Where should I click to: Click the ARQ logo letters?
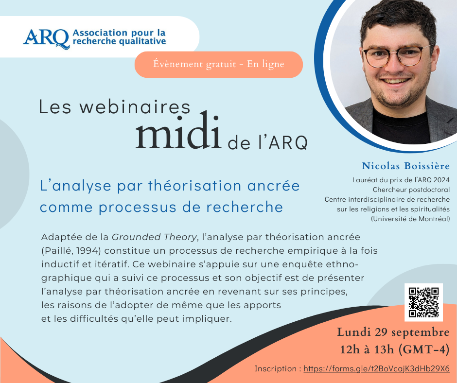tap(47, 38)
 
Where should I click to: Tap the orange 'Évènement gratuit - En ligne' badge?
tap(219, 65)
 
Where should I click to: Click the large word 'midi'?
tap(178, 130)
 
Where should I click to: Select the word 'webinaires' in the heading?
tap(135, 106)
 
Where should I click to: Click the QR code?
tap(423, 302)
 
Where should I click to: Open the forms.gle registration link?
tap(377, 369)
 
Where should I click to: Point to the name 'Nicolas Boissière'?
tap(405, 166)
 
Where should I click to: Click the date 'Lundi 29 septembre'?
tap(393, 332)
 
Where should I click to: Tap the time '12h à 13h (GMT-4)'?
tap(395, 349)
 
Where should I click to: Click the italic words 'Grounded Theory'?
tap(154, 237)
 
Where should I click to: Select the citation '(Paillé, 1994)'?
tap(71, 251)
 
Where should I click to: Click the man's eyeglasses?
tap(398, 56)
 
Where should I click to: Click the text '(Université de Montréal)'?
tap(410, 219)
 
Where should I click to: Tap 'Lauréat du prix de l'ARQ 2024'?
tap(401, 180)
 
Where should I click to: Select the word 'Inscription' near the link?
tap(276, 369)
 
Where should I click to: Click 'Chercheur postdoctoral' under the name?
tap(411, 190)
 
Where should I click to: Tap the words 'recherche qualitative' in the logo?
tap(119, 41)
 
